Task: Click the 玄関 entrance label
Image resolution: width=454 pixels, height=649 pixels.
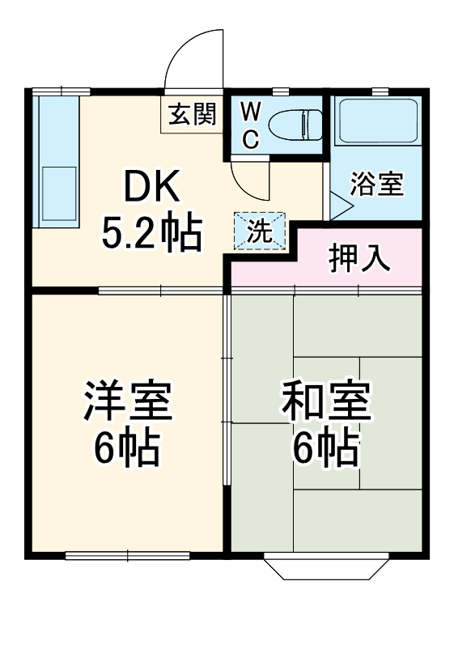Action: (192, 116)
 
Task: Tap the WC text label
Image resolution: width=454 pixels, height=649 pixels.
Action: (250, 125)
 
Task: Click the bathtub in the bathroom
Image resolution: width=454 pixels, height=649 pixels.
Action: (376, 122)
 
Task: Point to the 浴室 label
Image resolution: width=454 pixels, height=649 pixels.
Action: (376, 185)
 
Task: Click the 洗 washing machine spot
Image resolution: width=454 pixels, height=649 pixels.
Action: (260, 231)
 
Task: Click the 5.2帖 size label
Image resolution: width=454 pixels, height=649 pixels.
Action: (151, 234)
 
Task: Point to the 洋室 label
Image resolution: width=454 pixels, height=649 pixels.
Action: (127, 402)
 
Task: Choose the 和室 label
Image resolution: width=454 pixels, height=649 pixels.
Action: (326, 402)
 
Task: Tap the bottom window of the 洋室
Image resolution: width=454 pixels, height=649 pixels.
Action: (127, 555)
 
